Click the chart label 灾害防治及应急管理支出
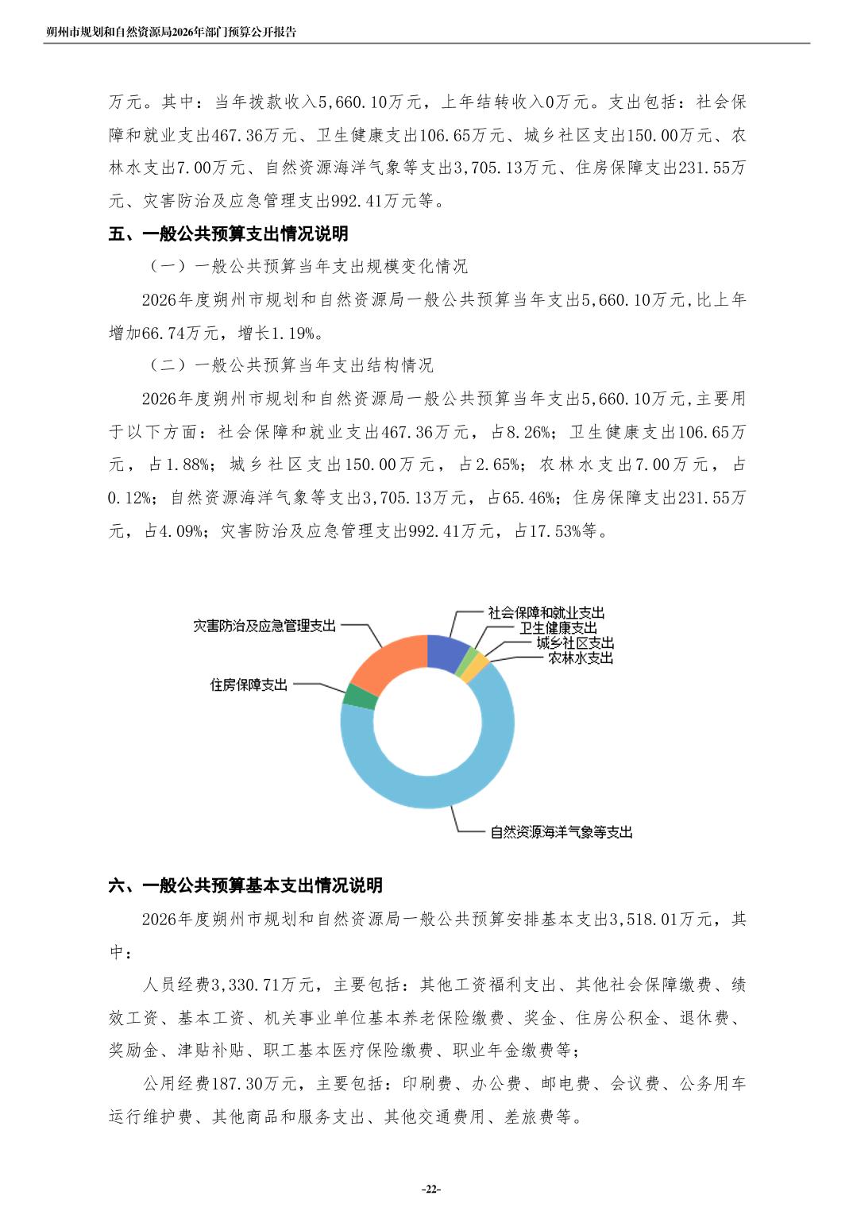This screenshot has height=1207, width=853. [264, 626]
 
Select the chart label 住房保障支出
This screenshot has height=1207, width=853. [249, 684]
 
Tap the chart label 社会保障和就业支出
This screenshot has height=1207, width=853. [546, 613]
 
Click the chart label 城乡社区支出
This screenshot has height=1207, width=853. [574, 643]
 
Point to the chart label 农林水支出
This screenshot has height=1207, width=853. [580, 658]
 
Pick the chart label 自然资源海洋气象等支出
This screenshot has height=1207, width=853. [561, 832]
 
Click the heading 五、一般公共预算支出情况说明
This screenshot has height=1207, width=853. [228, 234]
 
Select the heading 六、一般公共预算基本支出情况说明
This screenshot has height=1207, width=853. [245, 885]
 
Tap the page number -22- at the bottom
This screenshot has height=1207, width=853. [430, 1189]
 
